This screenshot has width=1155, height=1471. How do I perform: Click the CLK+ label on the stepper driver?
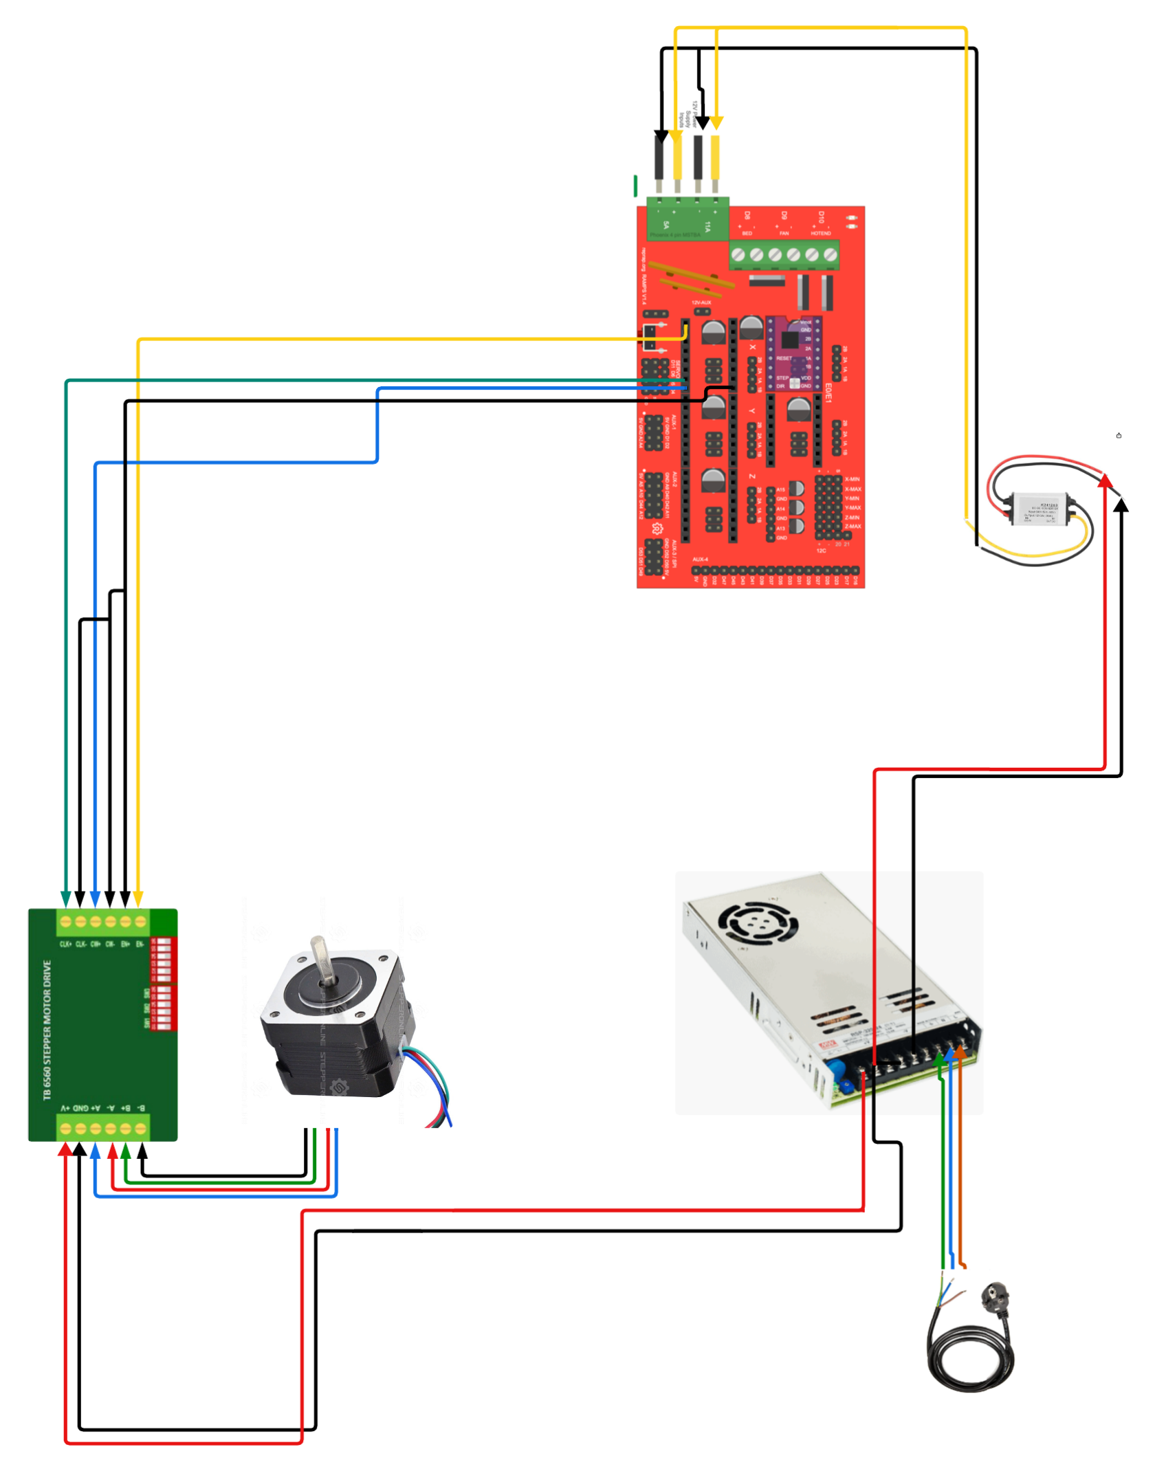coord(66,944)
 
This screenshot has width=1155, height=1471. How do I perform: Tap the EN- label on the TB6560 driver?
coord(140,944)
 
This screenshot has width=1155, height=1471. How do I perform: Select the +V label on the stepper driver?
coord(66,1108)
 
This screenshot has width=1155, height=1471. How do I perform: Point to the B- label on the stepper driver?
coord(141,1108)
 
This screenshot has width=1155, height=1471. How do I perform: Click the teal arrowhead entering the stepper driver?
coord(66,899)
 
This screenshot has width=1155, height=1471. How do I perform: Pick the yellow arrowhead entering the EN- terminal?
coord(138,899)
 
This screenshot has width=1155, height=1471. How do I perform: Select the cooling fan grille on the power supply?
coord(758,921)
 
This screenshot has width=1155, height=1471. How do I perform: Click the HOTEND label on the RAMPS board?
coord(821,234)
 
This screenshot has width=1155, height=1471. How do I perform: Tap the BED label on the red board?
coord(747,234)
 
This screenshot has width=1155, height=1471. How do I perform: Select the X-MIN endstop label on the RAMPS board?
coord(852,479)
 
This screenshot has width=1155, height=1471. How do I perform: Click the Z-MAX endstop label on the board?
coord(852,527)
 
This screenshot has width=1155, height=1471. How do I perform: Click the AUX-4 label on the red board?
coord(700,560)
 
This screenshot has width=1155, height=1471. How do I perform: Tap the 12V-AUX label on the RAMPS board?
coord(701,302)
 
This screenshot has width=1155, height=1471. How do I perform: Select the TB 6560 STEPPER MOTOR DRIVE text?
coord(47,1030)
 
